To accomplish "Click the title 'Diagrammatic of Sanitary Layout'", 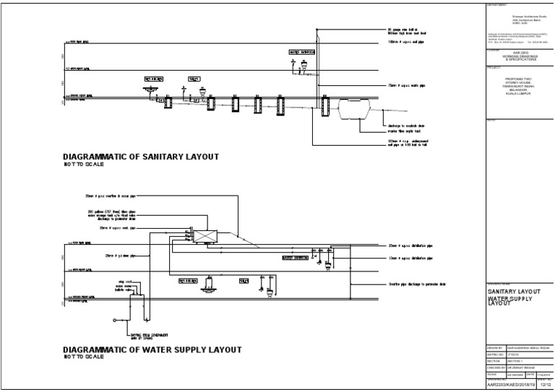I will pos(141,156).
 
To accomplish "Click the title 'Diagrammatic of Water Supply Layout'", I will pos(152,349).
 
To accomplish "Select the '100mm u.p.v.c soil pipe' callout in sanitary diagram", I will pos(408,43).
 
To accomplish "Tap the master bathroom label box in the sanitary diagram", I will pos(302,52).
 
